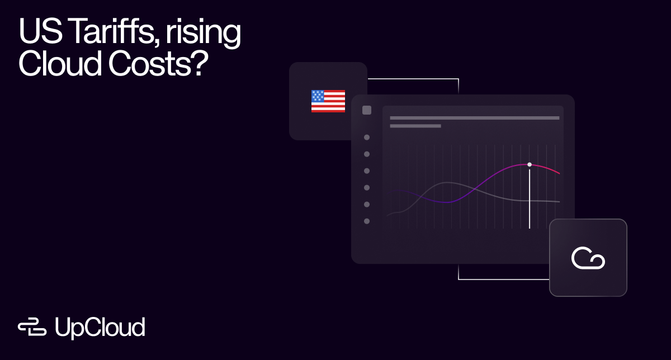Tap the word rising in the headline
(x=204, y=33)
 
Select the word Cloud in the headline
(x=60, y=63)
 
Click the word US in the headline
(x=40, y=31)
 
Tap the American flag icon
(x=328, y=101)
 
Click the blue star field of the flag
(x=318, y=96)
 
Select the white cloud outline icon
(x=588, y=258)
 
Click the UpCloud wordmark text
(x=100, y=328)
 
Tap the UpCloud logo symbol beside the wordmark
(x=32, y=327)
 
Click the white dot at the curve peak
(x=530, y=164)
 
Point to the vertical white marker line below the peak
(x=530, y=199)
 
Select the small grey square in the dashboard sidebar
(x=367, y=110)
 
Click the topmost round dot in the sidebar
(x=367, y=138)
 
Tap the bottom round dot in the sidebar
(x=367, y=221)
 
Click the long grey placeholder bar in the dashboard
(x=475, y=118)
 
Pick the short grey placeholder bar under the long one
(x=415, y=126)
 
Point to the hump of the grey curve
(x=447, y=182)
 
